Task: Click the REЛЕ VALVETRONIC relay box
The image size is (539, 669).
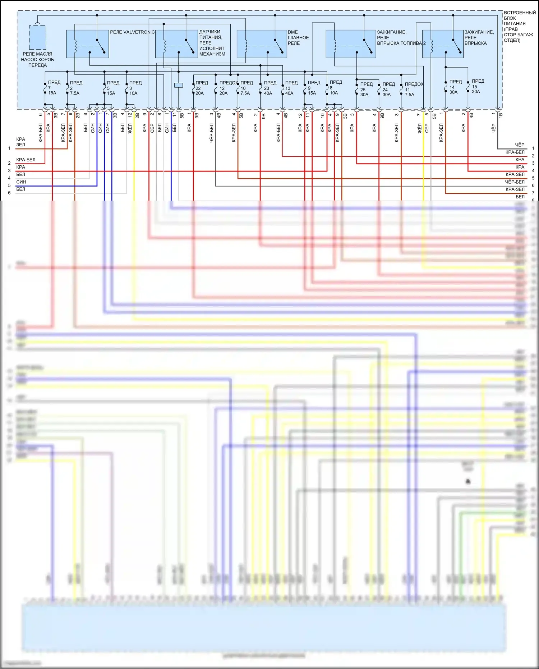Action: pyautogui.click(x=87, y=44)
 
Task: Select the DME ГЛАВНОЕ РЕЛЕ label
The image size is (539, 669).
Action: pyautogui.click(x=298, y=37)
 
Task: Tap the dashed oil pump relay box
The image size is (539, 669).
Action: pyautogui.click(x=37, y=37)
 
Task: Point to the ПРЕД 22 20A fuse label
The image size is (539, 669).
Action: pyautogui.click(x=201, y=88)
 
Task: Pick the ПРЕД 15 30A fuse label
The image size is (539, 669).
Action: pyautogui.click(x=477, y=86)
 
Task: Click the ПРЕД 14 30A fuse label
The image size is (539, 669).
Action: pyautogui.click(x=455, y=87)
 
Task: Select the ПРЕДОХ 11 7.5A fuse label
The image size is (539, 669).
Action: pyautogui.click(x=413, y=89)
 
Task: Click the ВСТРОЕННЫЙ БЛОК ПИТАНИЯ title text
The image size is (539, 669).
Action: pyautogui.click(x=519, y=26)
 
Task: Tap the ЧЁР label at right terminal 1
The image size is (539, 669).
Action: pyautogui.click(x=520, y=145)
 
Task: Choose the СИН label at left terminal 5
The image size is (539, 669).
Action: pyautogui.click(x=21, y=182)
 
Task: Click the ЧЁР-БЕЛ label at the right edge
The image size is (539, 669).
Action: pyautogui.click(x=515, y=182)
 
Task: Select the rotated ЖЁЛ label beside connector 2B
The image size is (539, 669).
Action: pyautogui.click(x=130, y=128)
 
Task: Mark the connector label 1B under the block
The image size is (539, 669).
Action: pyautogui.click(x=501, y=115)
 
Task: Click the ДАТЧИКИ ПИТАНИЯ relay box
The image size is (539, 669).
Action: pyautogui.click(x=176, y=44)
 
